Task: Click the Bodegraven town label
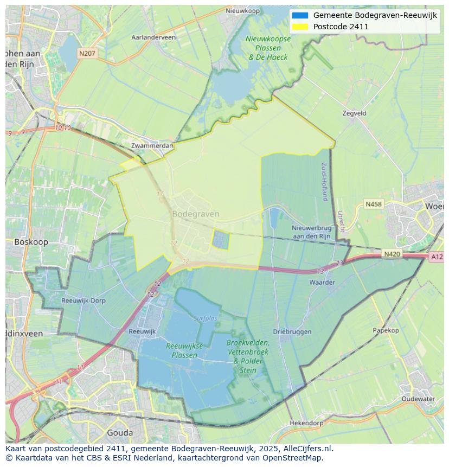[195, 214]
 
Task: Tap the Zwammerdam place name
[152, 146]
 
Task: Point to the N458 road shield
[373, 204]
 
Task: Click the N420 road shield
[392, 254]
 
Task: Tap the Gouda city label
[120, 432]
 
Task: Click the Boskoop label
[31, 242]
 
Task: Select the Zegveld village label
[355, 113]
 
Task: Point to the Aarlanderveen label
[153, 37]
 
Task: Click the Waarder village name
[322, 282]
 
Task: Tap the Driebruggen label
[292, 331]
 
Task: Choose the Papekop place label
[386, 330]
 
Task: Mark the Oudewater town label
[418, 399]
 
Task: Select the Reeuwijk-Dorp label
[84, 300]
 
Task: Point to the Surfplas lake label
[205, 318]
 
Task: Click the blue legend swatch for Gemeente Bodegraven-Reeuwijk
[299, 15]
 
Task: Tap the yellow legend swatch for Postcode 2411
[299, 27]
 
